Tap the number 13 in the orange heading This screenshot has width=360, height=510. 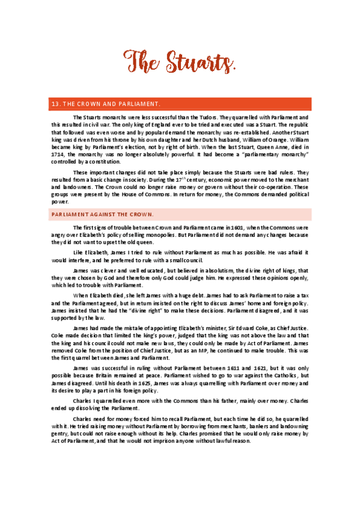pos(56,103)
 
